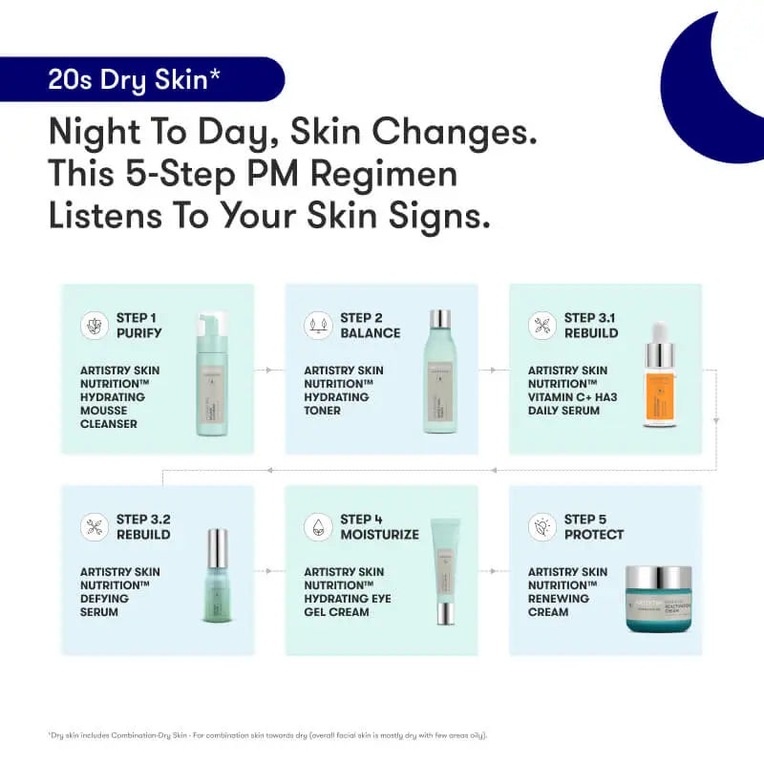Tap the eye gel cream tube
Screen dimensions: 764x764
click(445, 570)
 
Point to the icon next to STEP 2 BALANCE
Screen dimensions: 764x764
click(318, 325)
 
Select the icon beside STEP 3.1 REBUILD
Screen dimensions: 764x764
click(541, 325)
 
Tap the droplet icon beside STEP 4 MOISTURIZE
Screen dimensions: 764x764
click(318, 527)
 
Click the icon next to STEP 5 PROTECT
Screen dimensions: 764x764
click(541, 527)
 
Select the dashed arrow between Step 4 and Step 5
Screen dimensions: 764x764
click(494, 571)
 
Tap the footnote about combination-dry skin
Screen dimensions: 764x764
click(268, 734)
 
